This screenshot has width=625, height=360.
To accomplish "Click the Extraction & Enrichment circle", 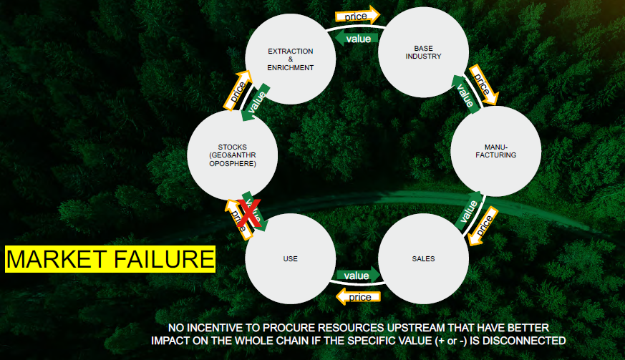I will point(291,59).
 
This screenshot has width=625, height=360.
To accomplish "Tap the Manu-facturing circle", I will point(495,151).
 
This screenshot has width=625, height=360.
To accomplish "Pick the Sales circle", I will point(422,258).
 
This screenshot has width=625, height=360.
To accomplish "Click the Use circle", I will point(291,258).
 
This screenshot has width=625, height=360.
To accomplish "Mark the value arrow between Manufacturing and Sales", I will point(467,210).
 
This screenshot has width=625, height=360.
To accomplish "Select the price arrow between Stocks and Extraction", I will point(237,90).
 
